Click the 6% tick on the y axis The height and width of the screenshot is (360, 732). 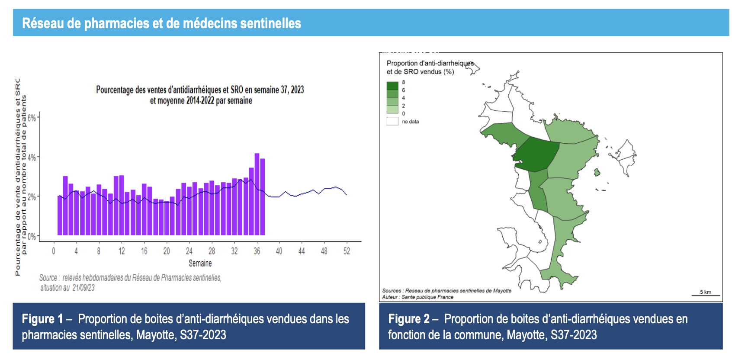[32, 118]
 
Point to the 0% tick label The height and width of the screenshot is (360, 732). [32, 237]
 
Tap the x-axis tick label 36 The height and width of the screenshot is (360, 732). [257, 251]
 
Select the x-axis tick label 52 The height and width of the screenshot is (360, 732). [347, 251]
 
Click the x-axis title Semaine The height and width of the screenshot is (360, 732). [200, 263]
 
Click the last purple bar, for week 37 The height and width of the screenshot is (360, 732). [263, 197]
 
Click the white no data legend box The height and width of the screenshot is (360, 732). [392, 122]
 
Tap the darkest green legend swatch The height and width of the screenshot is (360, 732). [392, 86]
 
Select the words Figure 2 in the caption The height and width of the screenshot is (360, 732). [408, 319]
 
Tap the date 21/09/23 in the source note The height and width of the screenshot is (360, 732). [83, 288]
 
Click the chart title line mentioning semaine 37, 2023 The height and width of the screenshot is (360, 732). [200, 90]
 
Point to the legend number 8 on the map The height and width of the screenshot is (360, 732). [404, 82]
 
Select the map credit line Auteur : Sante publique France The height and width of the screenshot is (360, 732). [417, 297]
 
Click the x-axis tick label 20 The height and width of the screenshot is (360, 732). [167, 251]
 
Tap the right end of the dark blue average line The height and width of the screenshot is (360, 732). [346, 195]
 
